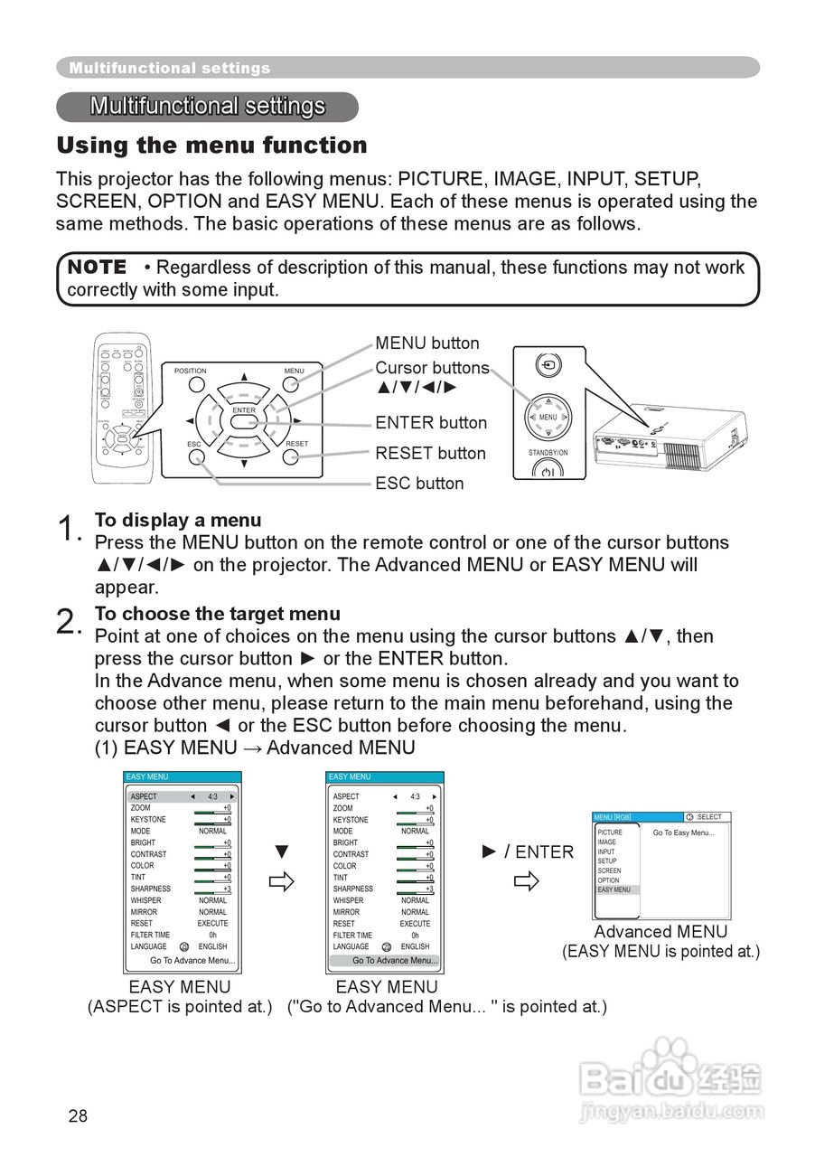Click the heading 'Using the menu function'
point(211,146)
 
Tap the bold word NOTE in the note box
point(98,268)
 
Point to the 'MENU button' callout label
point(427,343)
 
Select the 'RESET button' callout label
point(430,454)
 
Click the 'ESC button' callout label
point(419,484)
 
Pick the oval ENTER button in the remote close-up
point(244,423)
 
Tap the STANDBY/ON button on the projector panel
point(548,468)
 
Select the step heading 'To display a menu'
point(178,521)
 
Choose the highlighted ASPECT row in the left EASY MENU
point(182,796)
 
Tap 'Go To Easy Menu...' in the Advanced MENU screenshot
point(683,832)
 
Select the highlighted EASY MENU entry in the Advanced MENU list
point(614,889)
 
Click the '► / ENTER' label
point(528,852)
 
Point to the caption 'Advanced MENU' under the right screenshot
point(660,932)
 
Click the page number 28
point(78,1116)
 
